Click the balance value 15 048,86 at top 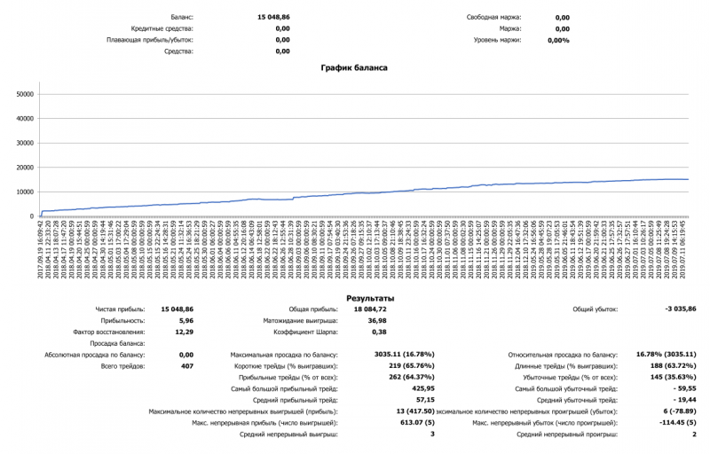[274, 17]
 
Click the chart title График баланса [354, 67]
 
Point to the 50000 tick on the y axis [25, 93]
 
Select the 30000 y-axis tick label [25, 142]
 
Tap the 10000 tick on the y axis [25, 192]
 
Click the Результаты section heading [370, 299]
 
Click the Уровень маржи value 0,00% [558, 40]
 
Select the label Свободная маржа [494, 17]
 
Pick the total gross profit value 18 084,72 [370, 309]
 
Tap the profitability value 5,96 [185, 320]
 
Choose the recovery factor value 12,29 [183, 332]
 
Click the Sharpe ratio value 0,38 [377, 332]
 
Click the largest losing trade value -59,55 [683, 388]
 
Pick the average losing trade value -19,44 [683, 400]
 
